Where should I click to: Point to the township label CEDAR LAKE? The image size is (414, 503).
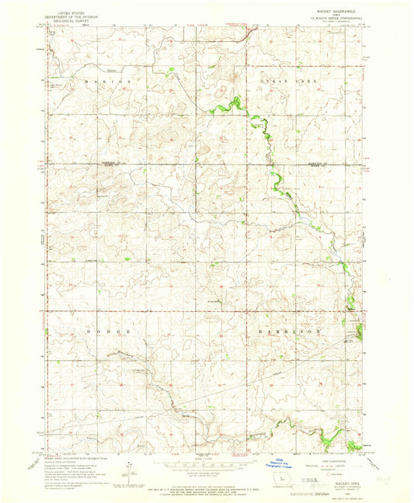tap(276, 80)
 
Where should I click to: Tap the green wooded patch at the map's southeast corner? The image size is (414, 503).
tap(354, 445)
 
